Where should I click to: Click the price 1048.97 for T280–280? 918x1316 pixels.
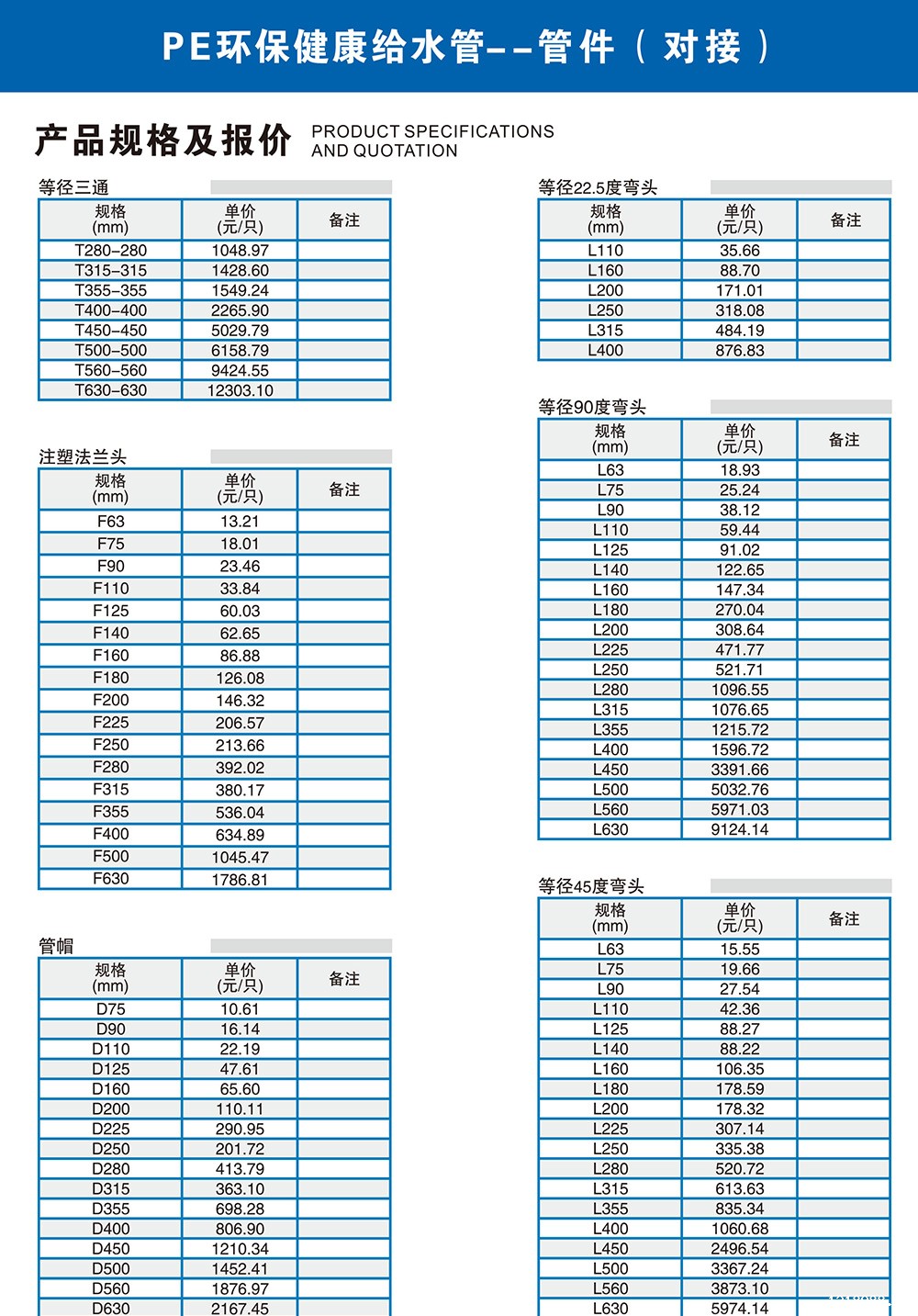pyautogui.click(x=240, y=251)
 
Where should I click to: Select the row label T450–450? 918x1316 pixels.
pyautogui.click(x=110, y=331)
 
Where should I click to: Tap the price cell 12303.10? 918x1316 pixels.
pyautogui.click(x=240, y=390)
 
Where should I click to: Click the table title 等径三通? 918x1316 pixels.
pyautogui.click(x=73, y=187)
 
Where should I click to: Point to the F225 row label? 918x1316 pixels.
pyautogui.click(x=110, y=723)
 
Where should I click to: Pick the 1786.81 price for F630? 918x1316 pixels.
pyautogui.click(x=240, y=880)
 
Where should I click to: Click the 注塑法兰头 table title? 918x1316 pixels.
pyautogui.click(x=83, y=456)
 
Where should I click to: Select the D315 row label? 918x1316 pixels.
pyautogui.click(x=110, y=1189)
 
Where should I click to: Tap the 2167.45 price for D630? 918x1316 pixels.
pyautogui.click(x=240, y=1309)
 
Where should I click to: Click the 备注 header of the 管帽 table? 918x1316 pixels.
pyautogui.click(x=344, y=979)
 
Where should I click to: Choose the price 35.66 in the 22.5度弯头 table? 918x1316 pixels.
pyautogui.click(x=739, y=251)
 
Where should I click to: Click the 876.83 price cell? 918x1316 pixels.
pyautogui.click(x=739, y=351)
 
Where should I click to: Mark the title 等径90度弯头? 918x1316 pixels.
pyautogui.click(x=592, y=407)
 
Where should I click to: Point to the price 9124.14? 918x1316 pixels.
pyautogui.click(x=739, y=830)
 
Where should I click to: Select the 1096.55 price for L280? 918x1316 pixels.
pyautogui.click(x=739, y=690)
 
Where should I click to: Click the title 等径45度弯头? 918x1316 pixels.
pyautogui.click(x=591, y=886)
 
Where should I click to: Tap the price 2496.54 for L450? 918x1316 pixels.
pyautogui.click(x=739, y=1249)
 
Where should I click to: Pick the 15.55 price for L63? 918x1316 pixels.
pyautogui.click(x=739, y=950)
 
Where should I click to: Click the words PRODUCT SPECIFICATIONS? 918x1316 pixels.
pyautogui.click(x=432, y=131)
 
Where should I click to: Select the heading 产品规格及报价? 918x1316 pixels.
pyautogui.click(x=163, y=141)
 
